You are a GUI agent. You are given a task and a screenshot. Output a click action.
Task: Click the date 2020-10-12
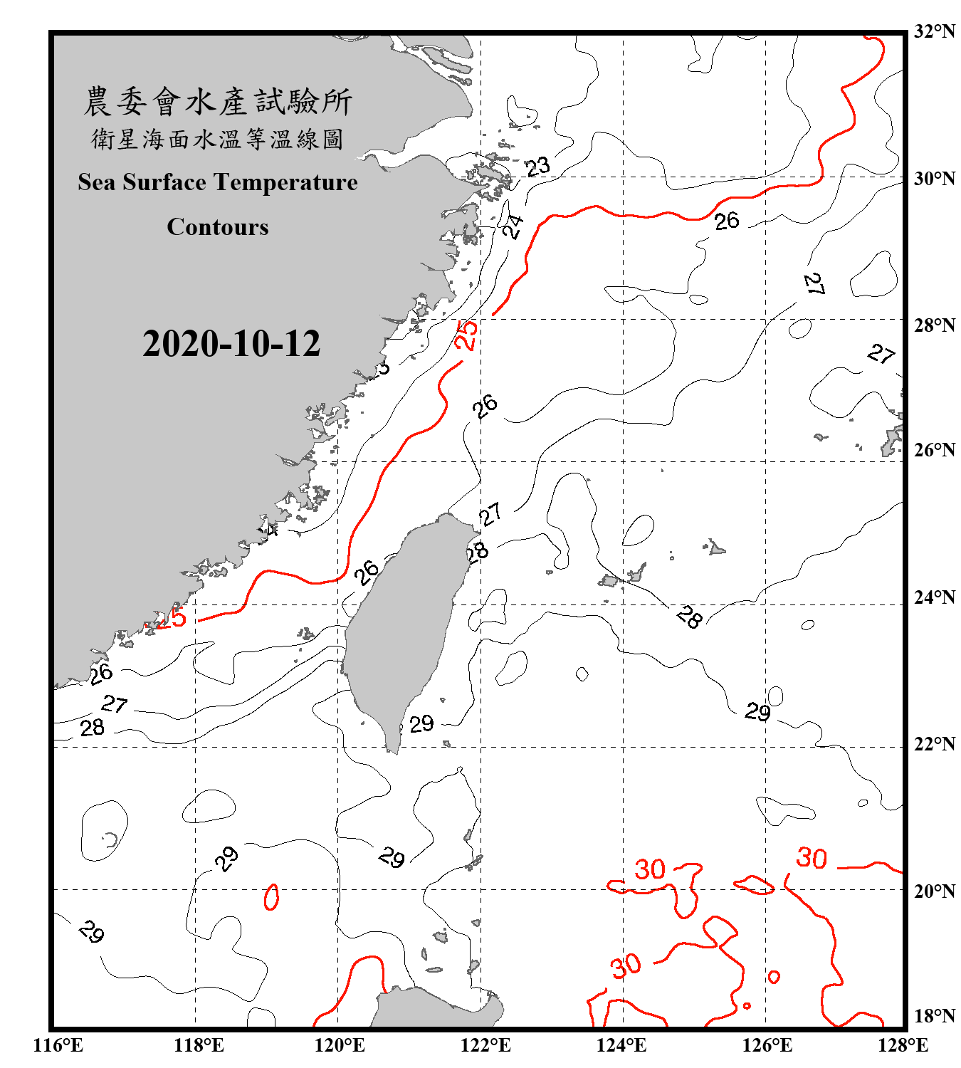[x=231, y=343]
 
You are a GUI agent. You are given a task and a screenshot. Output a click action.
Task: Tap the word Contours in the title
[x=218, y=227]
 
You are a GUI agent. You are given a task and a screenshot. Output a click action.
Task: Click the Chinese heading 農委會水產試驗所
[x=218, y=102]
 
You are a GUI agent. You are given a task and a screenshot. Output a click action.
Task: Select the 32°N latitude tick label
[x=934, y=31]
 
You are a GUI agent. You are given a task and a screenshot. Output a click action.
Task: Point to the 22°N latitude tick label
[x=934, y=744]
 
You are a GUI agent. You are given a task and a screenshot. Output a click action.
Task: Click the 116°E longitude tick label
[x=58, y=1045]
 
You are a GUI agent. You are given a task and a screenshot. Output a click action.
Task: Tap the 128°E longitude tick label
[x=903, y=1045]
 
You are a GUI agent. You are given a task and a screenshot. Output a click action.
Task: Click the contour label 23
[x=538, y=167]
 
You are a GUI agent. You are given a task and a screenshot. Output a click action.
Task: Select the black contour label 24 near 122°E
[x=513, y=226]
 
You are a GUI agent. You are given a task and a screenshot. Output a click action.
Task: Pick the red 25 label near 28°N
[x=466, y=335]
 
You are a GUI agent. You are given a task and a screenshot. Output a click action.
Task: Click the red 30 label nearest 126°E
[x=812, y=858]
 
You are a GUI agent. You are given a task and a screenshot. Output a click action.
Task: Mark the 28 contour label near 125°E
[x=689, y=617]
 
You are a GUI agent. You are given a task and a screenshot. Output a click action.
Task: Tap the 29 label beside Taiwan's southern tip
[x=421, y=724]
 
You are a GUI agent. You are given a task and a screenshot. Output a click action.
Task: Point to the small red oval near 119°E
[x=271, y=897]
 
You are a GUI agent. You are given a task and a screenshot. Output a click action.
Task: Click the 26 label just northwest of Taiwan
[x=367, y=572]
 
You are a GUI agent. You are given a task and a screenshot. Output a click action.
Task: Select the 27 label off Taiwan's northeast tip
[x=490, y=514]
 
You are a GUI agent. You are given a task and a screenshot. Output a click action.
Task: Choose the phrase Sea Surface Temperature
[x=218, y=182]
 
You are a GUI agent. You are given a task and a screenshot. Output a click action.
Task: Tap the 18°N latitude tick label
[x=934, y=1016]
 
